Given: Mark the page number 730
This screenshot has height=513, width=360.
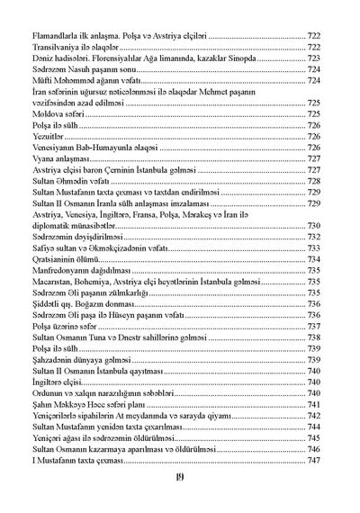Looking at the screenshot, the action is click(315, 227).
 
